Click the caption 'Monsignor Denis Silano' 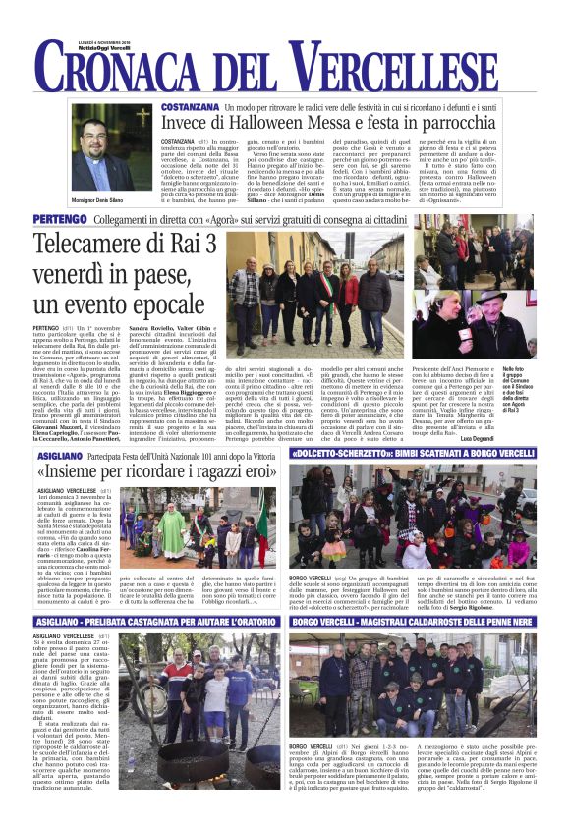(110, 199)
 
